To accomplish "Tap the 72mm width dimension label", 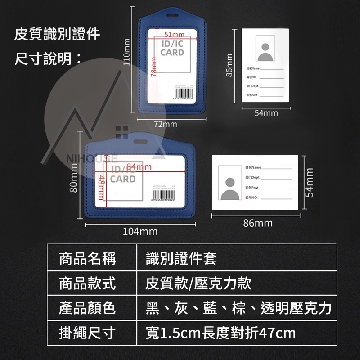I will [165, 124].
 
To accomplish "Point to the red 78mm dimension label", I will [153, 67].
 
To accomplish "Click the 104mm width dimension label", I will [140, 232].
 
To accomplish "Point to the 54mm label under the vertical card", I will [266, 113].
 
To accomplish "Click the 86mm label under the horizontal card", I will [258, 223].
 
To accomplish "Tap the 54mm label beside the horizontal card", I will [309, 182].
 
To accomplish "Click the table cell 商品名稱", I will [88, 258].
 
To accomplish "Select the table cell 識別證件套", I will [181, 258].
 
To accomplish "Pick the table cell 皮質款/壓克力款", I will [198, 283].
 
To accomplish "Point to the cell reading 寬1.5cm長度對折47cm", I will [221, 333].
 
